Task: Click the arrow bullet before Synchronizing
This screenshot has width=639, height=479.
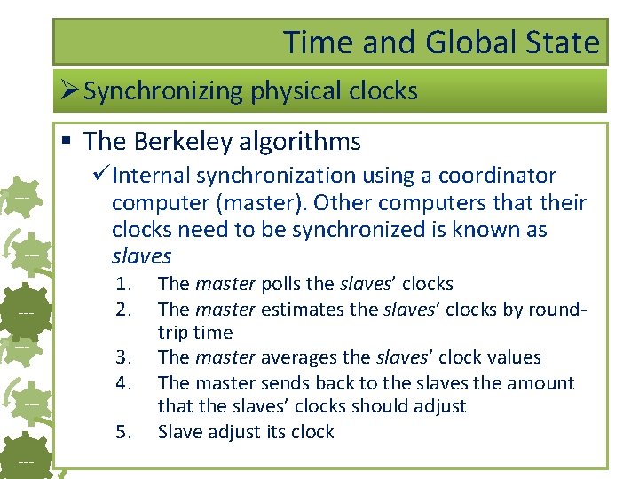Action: (70, 91)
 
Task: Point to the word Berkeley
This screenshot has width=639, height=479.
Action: (183, 141)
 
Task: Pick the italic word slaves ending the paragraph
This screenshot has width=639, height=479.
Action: (141, 256)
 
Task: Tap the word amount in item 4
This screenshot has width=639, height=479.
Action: (544, 383)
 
